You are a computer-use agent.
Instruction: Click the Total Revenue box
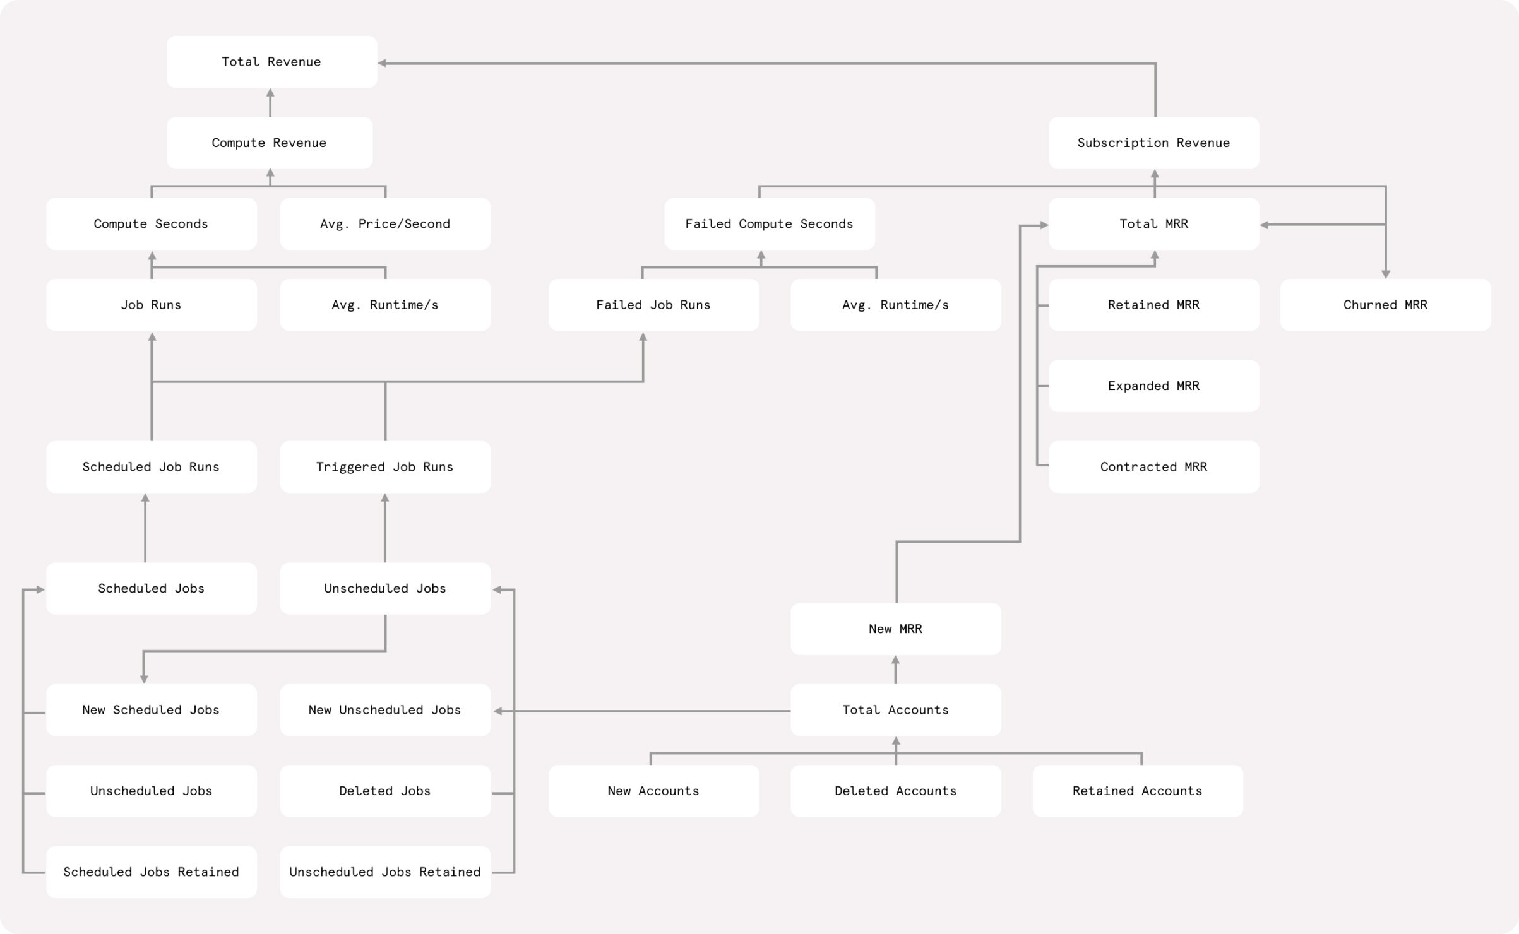[x=271, y=62]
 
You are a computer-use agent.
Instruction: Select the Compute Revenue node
[x=269, y=143]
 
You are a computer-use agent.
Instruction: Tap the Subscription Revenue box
[x=1153, y=143]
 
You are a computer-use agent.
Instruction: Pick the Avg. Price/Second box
[x=385, y=224]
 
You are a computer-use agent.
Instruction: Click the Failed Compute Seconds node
[x=769, y=224]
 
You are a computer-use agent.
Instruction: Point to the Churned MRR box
[x=1385, y=305]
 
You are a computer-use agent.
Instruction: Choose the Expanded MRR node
[x=1153, y=386]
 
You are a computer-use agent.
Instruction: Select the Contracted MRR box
[x=1153, y=467]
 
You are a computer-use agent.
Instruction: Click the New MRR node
[x=895, y=629]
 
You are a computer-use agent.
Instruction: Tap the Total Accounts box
[x=895, y=710]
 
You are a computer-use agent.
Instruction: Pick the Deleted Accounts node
[x=895, y=791]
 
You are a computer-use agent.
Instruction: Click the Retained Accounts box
[x=1137, y=791]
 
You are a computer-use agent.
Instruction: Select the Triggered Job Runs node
[x=385, y=467]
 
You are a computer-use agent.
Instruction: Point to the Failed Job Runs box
[x=653, y=305]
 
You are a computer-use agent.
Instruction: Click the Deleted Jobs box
[x=385, y=791]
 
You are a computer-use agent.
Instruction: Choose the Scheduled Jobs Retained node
[x=151, y=872]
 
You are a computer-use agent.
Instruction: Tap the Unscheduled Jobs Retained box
[x=385, y=872]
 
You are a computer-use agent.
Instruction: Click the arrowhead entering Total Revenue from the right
[x=383, y=63]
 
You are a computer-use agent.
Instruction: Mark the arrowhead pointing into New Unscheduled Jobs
[x=498, y=711]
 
